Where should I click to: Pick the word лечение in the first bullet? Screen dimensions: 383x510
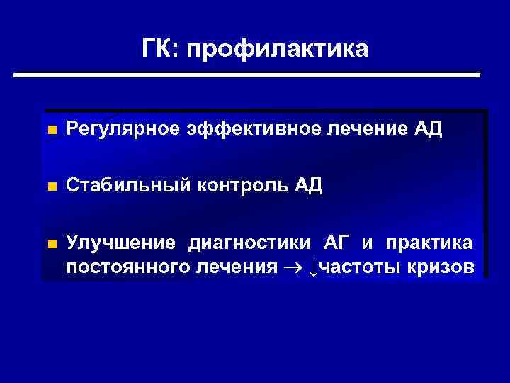point(368,129)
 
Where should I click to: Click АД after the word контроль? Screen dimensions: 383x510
point(306,186)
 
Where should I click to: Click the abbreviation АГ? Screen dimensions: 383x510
point(336,243)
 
